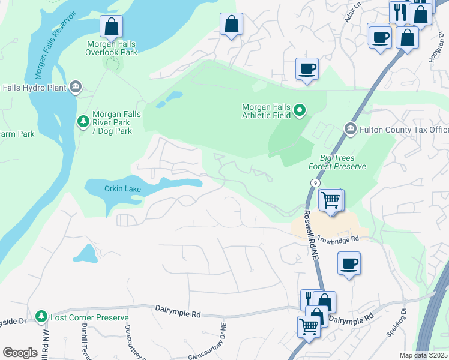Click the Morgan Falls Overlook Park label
point(111,48)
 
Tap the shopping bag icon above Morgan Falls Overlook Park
point(111,26)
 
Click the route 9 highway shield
point(315,182)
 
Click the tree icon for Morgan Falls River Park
point(83,122)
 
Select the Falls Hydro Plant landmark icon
point(76,88)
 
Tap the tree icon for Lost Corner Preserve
point(41,316)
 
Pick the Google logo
point(20,352)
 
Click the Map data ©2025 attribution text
point(423,355)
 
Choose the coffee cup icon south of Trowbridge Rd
point(349,263)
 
